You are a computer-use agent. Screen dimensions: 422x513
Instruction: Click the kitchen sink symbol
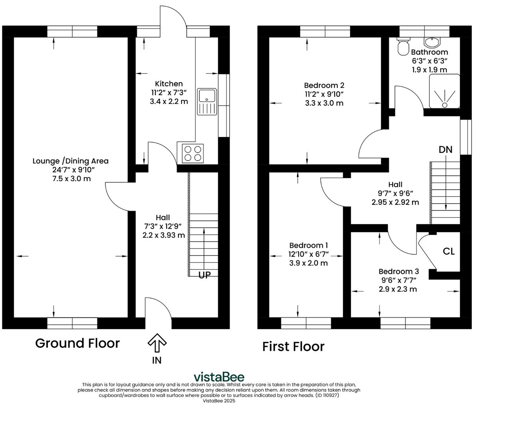point(207,102)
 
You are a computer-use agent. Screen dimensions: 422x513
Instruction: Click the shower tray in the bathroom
point(444,91)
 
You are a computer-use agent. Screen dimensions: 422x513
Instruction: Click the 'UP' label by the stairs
point(204,275)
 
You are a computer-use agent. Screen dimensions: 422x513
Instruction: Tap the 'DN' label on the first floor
point(445,149)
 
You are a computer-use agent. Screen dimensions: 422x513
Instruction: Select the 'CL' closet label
point(448,251)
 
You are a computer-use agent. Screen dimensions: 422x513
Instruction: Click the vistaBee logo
point(219,377)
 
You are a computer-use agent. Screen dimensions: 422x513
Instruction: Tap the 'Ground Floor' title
point(77,343)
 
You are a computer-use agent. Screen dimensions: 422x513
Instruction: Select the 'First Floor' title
point(293,347)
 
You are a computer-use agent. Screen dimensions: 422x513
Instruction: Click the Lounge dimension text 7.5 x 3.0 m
point(70,179)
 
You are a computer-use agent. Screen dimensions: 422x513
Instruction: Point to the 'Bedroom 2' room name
point(324,85)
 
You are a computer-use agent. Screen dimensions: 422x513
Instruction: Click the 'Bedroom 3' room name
point(398,271)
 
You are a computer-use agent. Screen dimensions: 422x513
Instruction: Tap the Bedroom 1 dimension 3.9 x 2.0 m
point(309,263)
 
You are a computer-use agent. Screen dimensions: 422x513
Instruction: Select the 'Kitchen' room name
point(169,84)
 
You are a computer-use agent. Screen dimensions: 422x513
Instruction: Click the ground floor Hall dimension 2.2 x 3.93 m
point(163,235)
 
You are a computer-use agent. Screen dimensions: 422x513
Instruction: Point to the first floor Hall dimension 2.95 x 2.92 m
point(395,202)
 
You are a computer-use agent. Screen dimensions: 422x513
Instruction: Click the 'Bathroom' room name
point(429,52)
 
